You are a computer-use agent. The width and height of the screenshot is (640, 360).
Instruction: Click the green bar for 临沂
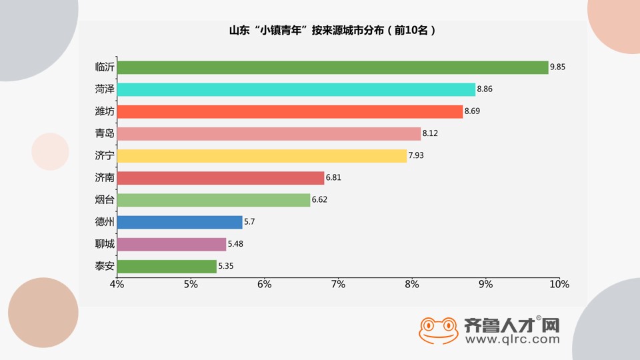[332, 67]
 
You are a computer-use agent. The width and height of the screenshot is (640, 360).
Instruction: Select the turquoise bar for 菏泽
[296, 89]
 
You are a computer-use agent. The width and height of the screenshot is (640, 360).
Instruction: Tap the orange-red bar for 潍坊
[289, 111]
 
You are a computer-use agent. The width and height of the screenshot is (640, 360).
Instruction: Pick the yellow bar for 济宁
[261, 156]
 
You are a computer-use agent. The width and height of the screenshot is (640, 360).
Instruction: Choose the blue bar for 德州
[179, 222]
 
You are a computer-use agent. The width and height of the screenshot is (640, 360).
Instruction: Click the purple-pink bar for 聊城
[171, 245]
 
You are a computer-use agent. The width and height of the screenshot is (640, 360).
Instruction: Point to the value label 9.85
[557, 67]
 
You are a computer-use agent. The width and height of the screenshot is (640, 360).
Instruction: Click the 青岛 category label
[105, 133]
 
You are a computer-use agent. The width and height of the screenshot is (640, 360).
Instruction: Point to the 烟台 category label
[105, 200]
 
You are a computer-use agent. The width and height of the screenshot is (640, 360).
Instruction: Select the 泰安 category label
[105, 267]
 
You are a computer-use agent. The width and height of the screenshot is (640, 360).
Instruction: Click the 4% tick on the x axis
[117, 285]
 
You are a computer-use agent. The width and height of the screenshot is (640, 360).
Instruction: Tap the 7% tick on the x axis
[338, 285]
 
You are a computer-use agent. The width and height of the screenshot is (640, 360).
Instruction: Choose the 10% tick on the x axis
[559, 285]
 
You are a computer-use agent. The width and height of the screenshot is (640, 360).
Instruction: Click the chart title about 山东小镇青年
[332, 31]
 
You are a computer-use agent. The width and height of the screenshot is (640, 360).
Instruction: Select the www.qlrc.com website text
[512, 339]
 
